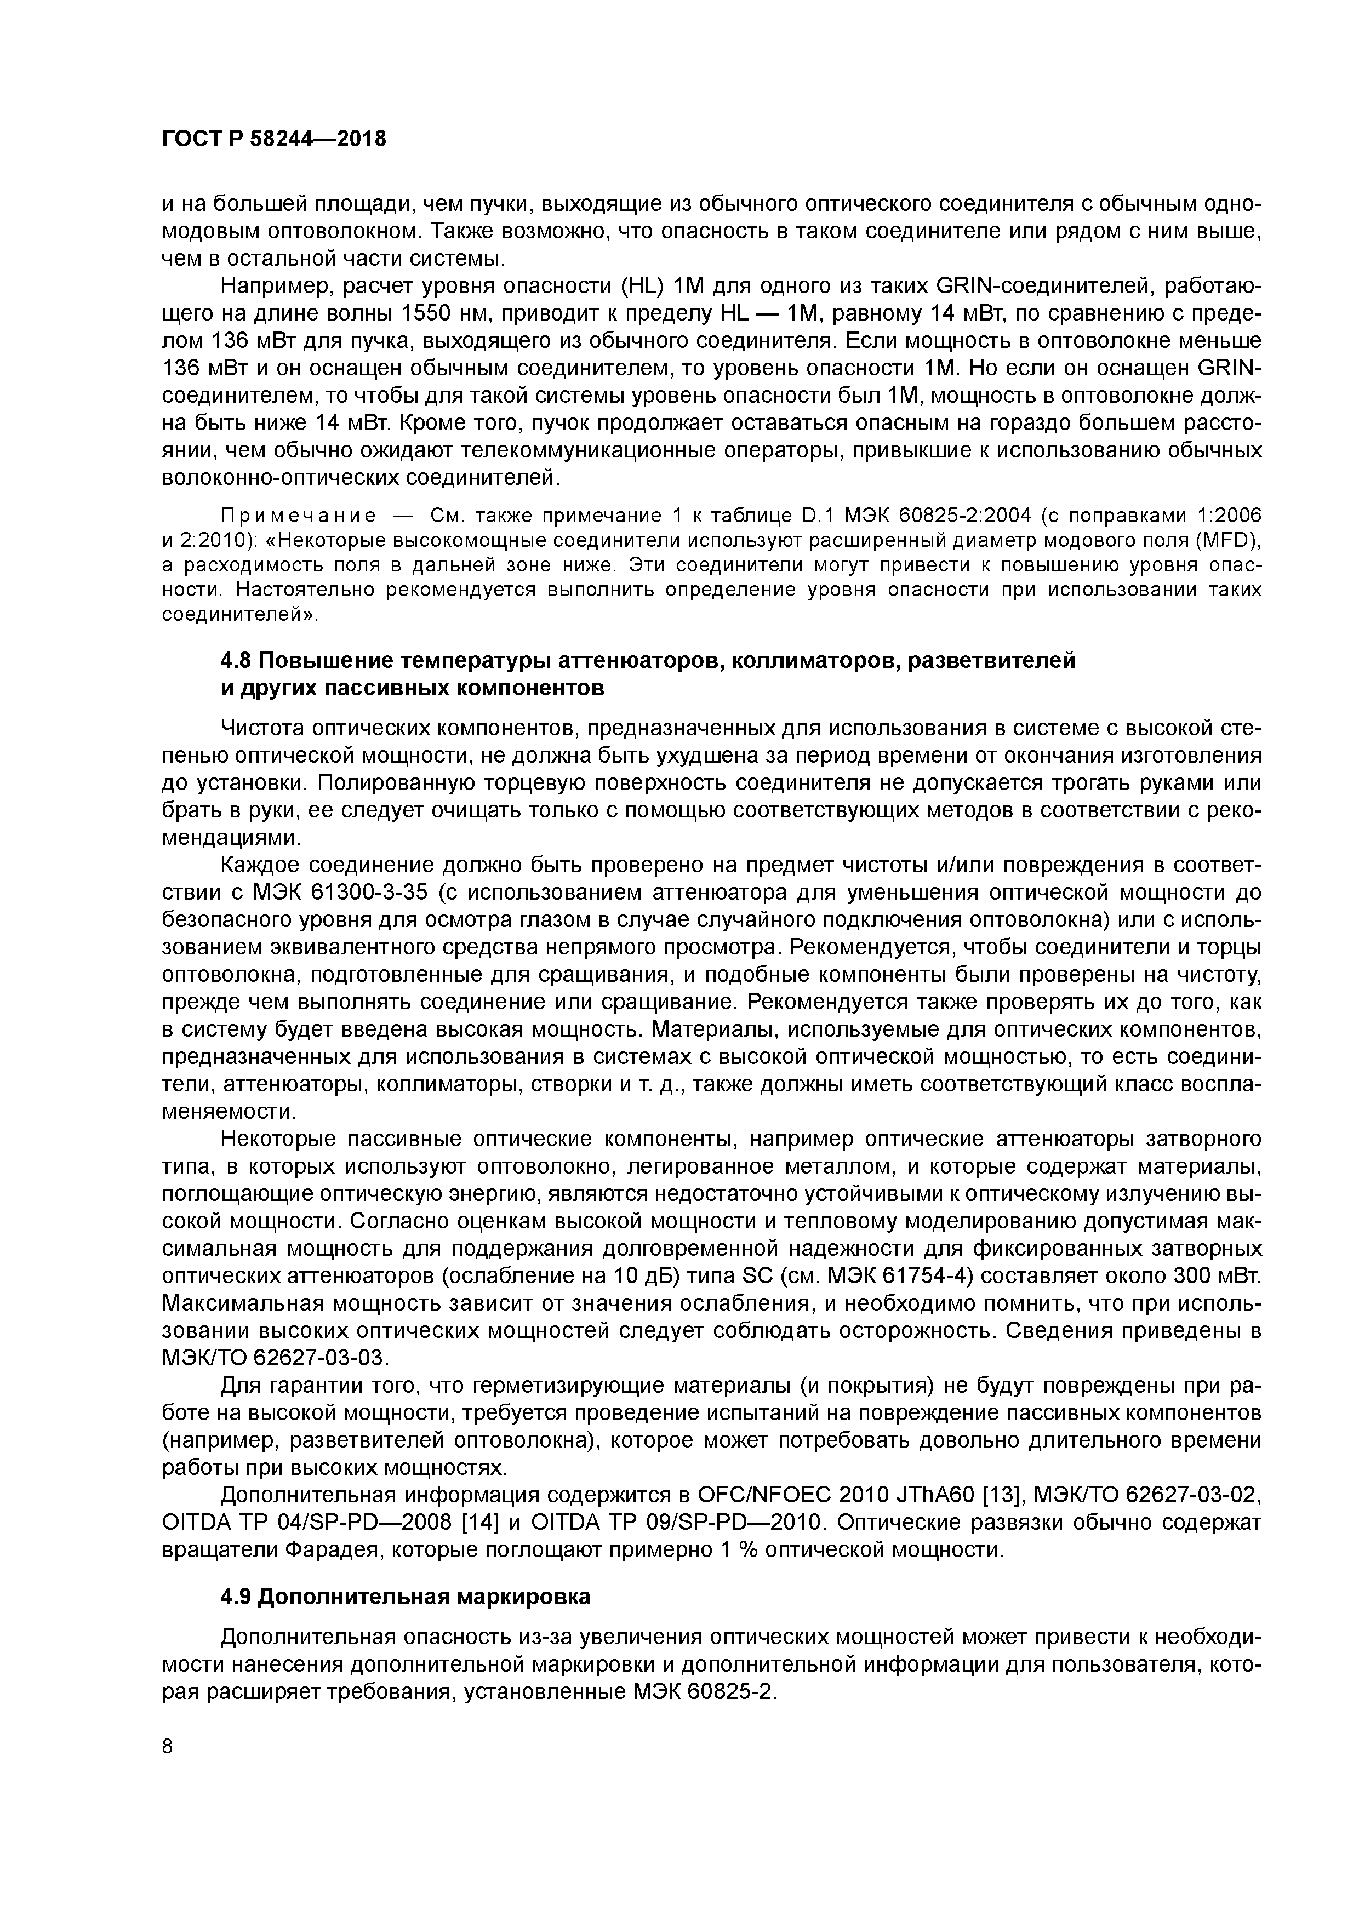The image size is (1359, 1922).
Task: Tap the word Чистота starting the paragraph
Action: click(x=265, y=728)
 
